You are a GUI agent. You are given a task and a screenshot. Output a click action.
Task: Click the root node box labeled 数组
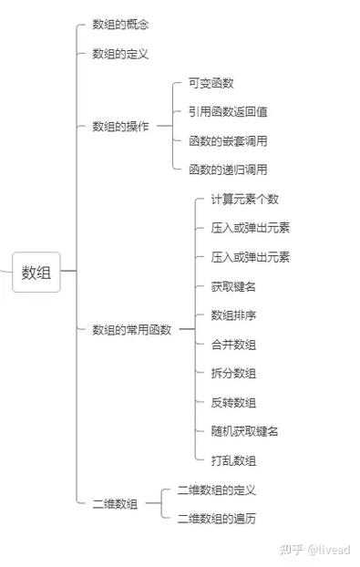point(36,272)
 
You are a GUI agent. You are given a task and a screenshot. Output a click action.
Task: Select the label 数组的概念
point(120,25)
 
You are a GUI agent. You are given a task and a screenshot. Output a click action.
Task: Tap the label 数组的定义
point(120,54)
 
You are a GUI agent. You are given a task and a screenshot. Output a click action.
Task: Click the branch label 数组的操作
point(120,126)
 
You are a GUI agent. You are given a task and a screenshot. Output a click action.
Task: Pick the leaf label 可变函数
point(211,83)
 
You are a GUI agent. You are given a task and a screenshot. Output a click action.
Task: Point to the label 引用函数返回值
point(228,112)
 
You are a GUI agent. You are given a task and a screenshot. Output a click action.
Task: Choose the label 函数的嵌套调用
point(228,141)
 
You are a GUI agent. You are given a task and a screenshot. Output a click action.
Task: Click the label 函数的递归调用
point(228,170)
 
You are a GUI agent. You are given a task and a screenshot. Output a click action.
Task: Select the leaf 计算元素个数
point(244,199)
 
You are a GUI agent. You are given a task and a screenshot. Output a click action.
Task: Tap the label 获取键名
point(233,286)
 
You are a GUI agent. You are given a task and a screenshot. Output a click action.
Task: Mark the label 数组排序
point(233,315)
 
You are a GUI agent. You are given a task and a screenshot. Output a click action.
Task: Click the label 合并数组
point(233,345)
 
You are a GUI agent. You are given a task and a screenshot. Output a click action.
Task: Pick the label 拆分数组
point(233,373)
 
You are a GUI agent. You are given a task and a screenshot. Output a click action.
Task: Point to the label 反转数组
point(233,402)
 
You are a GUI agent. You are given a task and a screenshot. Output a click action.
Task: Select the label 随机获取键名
point(244,431)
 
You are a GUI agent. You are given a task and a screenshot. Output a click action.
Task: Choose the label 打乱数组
point(233,460)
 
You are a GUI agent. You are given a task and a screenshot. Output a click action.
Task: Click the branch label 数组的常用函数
point(131,330)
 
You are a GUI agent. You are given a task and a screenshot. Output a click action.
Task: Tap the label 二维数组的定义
point(217,490)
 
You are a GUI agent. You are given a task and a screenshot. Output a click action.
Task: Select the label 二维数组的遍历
point(217,518)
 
